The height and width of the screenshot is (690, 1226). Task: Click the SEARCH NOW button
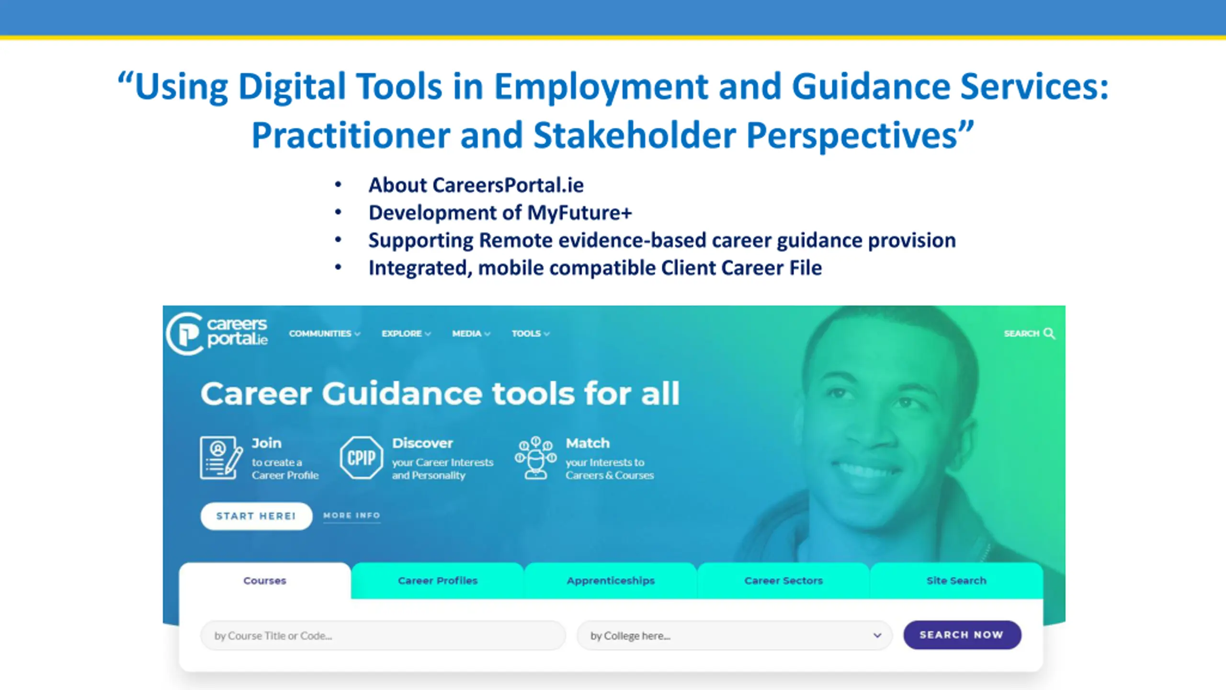pos(962,635)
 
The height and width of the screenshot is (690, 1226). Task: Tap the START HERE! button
pos(256,516)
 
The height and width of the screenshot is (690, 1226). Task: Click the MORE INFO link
pos(352,516)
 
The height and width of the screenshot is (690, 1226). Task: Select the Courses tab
pos(265,581)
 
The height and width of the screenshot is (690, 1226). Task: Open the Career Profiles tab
pos(438,581)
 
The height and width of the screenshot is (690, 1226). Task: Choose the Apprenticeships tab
pos(611,581)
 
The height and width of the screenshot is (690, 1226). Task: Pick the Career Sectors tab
pos(783,581)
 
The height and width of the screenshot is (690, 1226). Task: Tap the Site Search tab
pos(956,581)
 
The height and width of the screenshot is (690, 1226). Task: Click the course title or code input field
pos(383,636)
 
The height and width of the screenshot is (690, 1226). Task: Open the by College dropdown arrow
pos(877,635)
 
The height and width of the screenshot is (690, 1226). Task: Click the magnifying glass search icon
pos(1049,333)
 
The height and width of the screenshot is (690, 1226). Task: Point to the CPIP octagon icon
pos(362,458)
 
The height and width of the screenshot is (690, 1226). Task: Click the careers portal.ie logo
pos(217,333)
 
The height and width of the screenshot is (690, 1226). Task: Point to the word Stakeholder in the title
pos(635,135)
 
